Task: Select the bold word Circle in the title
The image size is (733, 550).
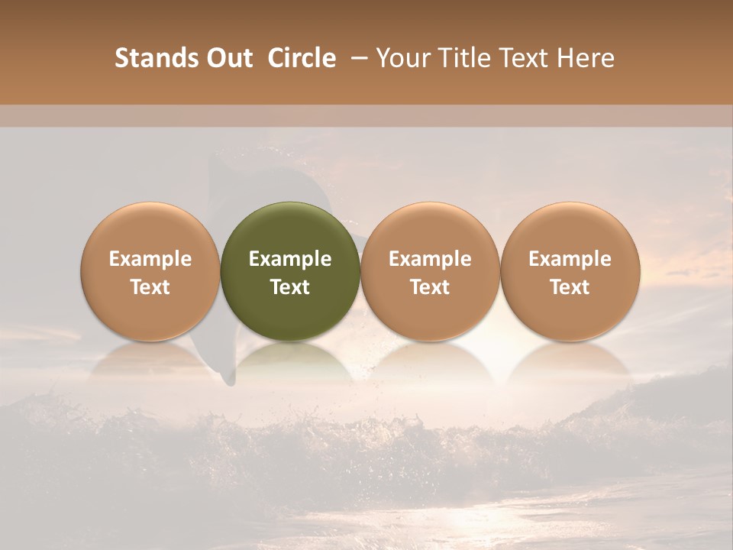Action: [302, 58]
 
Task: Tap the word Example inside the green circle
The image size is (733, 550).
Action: [290, 259]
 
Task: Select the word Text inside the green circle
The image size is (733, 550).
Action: [290, 287]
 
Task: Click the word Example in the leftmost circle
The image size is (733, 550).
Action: [150, 259]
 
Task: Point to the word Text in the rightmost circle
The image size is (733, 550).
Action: [570, 287]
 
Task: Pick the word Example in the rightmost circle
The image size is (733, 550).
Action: [570, 259]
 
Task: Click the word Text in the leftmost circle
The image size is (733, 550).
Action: [150, 287]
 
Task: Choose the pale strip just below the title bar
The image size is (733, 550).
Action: [366, 116]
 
